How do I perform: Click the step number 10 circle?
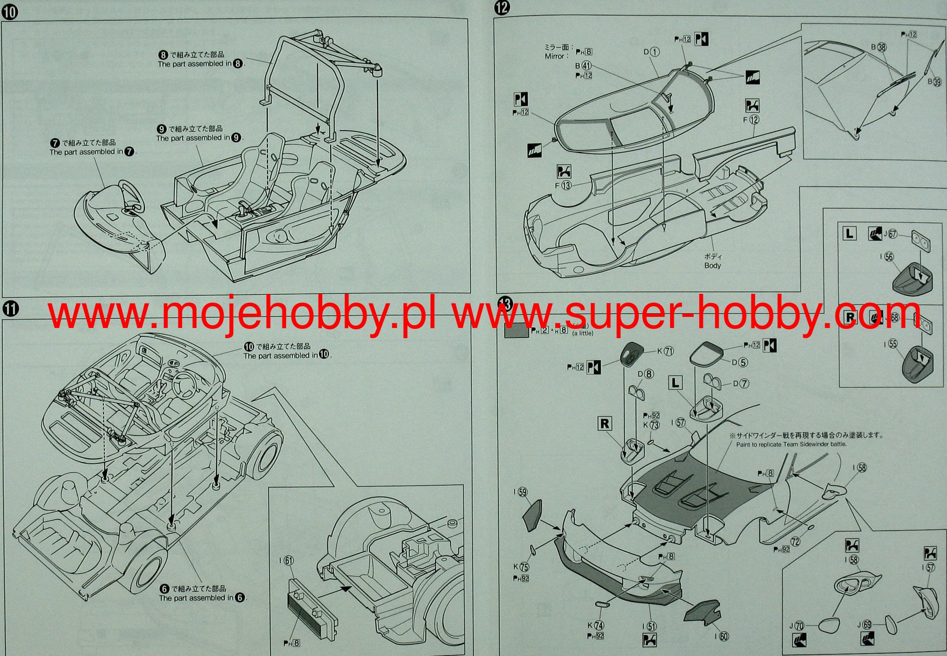(10, 12)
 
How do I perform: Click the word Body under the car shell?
(713, 266)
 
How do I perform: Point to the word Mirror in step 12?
(554, 56)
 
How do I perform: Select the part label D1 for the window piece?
(652, 52)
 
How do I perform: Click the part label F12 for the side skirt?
(751, 120)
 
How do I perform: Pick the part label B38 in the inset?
(879, 47)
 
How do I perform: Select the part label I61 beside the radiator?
(286, 561)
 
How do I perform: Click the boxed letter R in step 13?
(605, 424)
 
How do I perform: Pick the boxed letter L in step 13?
(676, 383)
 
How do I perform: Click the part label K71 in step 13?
(665, 351)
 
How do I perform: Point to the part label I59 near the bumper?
(521, 492)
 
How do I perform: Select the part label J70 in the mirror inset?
(796, 626)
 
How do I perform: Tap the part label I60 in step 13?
(721, 637)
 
